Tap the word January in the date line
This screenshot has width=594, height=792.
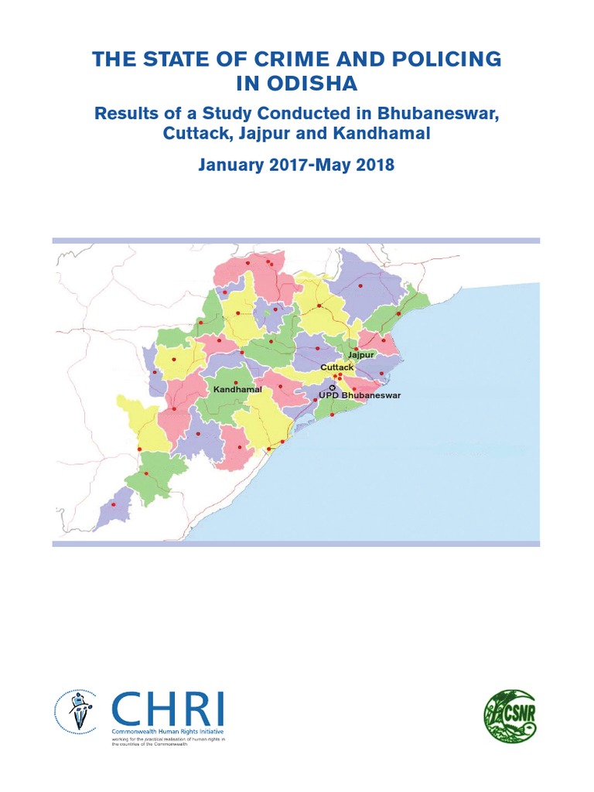230,165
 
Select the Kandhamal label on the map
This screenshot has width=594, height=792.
237,390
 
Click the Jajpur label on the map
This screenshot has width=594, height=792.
361,354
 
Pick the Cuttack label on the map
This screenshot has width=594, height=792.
336,367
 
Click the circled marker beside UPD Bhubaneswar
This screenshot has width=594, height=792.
333,387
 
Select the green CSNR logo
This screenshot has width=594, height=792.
510,700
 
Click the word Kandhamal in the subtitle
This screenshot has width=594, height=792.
384,133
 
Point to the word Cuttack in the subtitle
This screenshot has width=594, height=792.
193,133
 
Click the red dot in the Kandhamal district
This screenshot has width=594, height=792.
235,382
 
